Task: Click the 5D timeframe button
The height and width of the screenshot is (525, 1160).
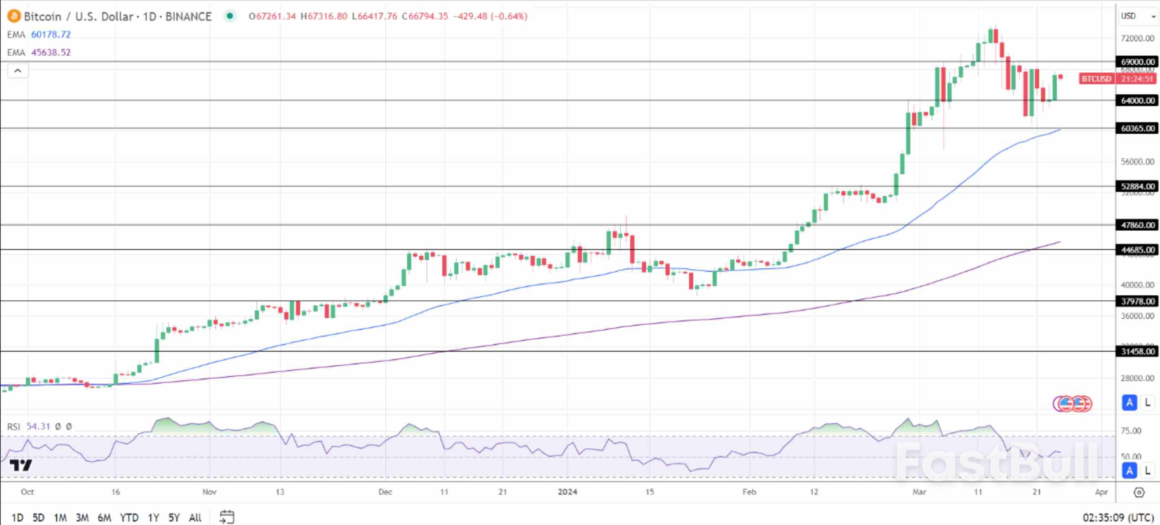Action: pos(38,517)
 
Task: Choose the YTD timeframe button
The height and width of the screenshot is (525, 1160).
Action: pos(129,517)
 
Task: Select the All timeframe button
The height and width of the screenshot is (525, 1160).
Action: pos(195,517)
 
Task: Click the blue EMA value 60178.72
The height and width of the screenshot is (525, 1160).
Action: pos(51,35)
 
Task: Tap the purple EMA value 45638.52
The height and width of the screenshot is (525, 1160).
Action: pos(51,52)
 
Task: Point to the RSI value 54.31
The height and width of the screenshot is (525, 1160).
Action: pos(38,426)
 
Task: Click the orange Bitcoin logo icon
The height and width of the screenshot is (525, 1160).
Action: pos(14,16)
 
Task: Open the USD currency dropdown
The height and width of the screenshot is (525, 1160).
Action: pos(1138,16)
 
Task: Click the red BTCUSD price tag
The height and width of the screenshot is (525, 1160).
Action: pos(1096,79)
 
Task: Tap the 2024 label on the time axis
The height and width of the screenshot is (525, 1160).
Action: pos(567,492)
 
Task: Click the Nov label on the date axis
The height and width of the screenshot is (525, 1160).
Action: pos(209,492)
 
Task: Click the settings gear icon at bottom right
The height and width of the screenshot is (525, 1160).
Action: pos(1139,492)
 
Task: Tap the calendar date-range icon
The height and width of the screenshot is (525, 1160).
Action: pos(226,517)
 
